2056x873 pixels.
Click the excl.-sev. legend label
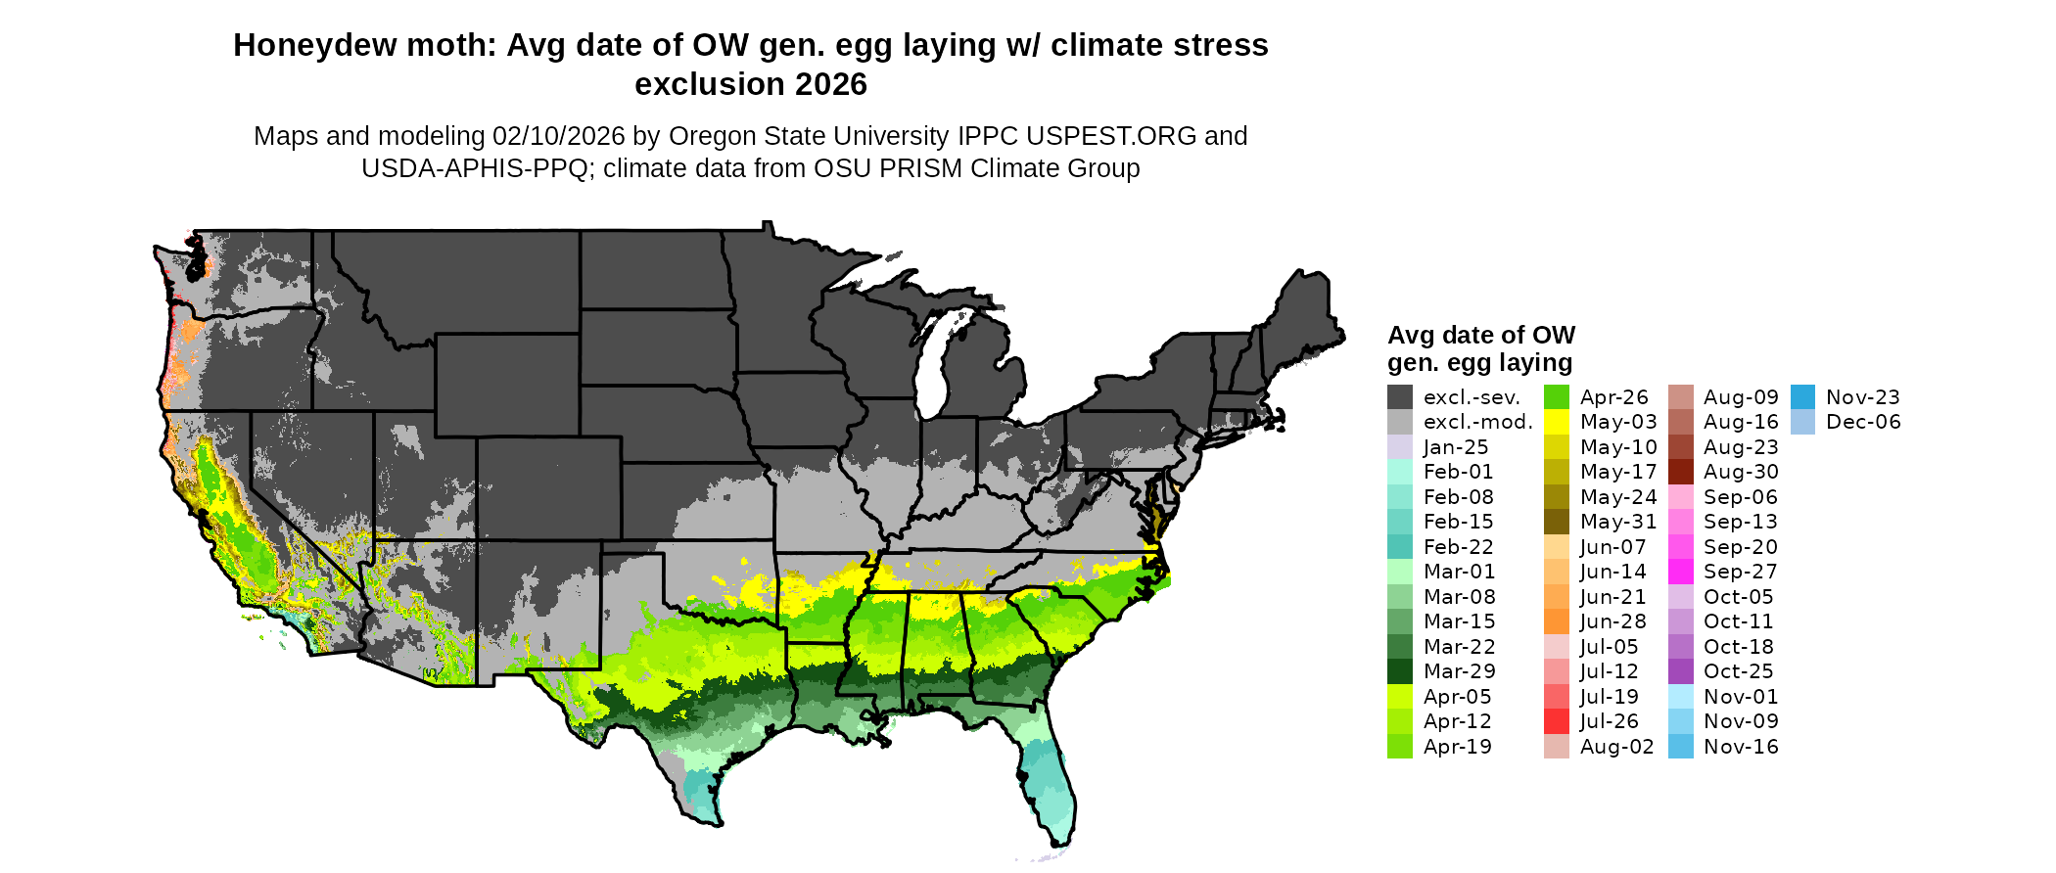pyautogui.click(x=1472, y=397)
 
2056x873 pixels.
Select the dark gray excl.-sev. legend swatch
pyautogui.click(x=1400, y=397)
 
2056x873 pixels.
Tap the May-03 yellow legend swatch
pyautogui.click(x=1557, y=422)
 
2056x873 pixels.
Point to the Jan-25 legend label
pyautogui.click(x=1456, y=447)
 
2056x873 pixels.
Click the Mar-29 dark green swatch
pyautogui.click(x=1400, y=671)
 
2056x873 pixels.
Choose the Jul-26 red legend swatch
pyautogui.click(x=1557, y=721)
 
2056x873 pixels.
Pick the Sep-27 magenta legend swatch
pyautogui.click(x=1680, y=572)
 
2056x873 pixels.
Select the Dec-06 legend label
pyautogui.click(x=1863, y=422)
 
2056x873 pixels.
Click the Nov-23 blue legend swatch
pyautogui.click(x=1802, y=397)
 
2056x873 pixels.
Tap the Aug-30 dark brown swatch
pyautogui.click(x=1680, y=472)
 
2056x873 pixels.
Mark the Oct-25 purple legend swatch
pyautogui.click(x=1680, y=671)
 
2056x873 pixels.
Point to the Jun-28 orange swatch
pyautogui.click(x=1557, y=621)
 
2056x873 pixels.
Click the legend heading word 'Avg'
pyautogui.click(x=1409, y=336)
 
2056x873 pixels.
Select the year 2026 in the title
pyautogui.click(x=831, y=85)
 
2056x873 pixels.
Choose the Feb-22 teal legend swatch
pyautogui.click(x=1400, y=547)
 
